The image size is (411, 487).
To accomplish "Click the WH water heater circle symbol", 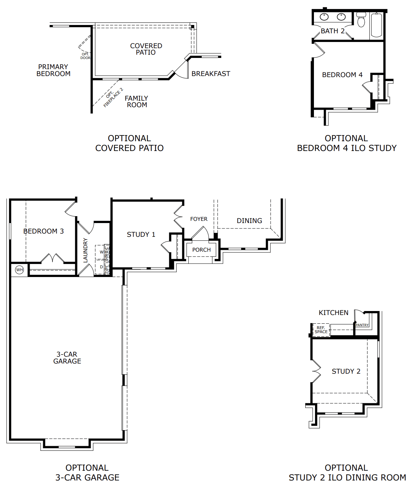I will pyautogui.click(x=20, y=270).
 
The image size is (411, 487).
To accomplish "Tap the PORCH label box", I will pyautogui.click(x=201, y=250).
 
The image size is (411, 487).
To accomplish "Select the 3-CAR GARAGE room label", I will pyautogui.click(x=67, y=358).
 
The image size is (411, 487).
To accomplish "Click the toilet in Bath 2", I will pyautogui.click(x=361, y=20).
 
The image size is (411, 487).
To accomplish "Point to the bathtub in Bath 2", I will pyautogui.click(x=377, y=25).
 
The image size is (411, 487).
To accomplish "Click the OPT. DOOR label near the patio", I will pyautogui.click(x=85, y=56).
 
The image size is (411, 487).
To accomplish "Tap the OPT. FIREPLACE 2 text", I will pyautogui.click(x=113, y=97).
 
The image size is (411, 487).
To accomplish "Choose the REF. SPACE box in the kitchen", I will pyautogui.click(x=321, y=330).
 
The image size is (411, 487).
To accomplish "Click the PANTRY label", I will pyautogui.click(x=362, y=325).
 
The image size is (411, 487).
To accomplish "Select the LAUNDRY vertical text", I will pyautogui.click(x=85, y=250).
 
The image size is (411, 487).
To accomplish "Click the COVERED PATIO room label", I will pyautogui.click(x=146, y=49).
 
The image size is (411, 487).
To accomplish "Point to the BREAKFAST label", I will pyautogui.click(x=211, y=74).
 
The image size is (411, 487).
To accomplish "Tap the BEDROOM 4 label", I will pyautogui.click(x=342, y=75).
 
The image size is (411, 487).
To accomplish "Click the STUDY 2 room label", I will pyautogui.click(x=346, y=371).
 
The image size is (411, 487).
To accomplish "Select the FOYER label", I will pyautogui.click(x=199, y=219).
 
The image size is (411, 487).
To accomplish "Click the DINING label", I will pyautogui.click(x=249, y=221).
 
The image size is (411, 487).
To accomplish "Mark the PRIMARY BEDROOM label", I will pyautogui.click(x=53, y=70).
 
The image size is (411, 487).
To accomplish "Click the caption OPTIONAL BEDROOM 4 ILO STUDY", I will pyautogui.click(x=347, y=143).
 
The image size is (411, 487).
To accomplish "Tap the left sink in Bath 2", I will pyautogui.click(x=324, y=17).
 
